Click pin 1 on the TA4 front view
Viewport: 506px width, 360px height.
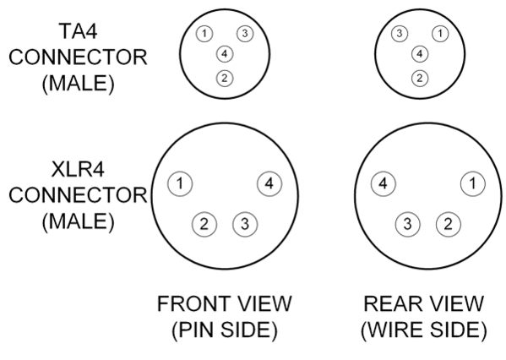[x=204, y=33]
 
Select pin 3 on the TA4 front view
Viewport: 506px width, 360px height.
[x=245, y=33]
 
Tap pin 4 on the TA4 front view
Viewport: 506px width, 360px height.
[x=225, y=53]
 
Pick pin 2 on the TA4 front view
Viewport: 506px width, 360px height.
[x=225, y=78]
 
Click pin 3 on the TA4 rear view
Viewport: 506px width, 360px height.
[x=400, y=33]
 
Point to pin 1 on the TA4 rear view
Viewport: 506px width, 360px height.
[x=440, y=33]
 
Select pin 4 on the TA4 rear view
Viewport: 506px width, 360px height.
[x=420, y=53]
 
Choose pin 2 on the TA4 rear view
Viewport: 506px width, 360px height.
[x=420, y=78]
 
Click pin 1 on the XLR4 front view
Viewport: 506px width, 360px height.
[x=180, y=183]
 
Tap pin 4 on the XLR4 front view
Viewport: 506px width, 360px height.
[x=269, y=183]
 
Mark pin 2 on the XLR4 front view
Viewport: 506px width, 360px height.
[x=204, y=224]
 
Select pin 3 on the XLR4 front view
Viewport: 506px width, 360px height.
[x=245, y=224]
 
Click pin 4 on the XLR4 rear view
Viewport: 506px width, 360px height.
[x=384, y=183]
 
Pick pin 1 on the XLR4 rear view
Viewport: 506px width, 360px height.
[x=473, y=183]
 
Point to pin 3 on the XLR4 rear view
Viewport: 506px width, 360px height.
[x=408, y=224]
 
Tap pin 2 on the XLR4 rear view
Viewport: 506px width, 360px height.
[x=449, y=224]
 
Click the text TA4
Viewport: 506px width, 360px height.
[x=78, y=31]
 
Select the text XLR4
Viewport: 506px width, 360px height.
[x=78, y=169]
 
